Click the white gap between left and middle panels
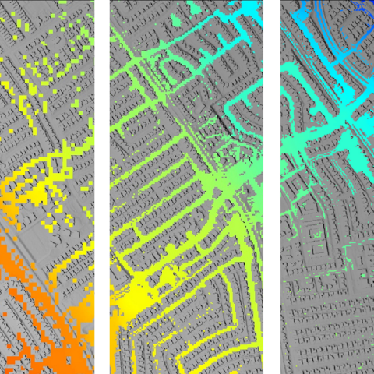click(101, 187)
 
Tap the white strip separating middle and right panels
click(273, 187)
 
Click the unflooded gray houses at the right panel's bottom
click(327, 327)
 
